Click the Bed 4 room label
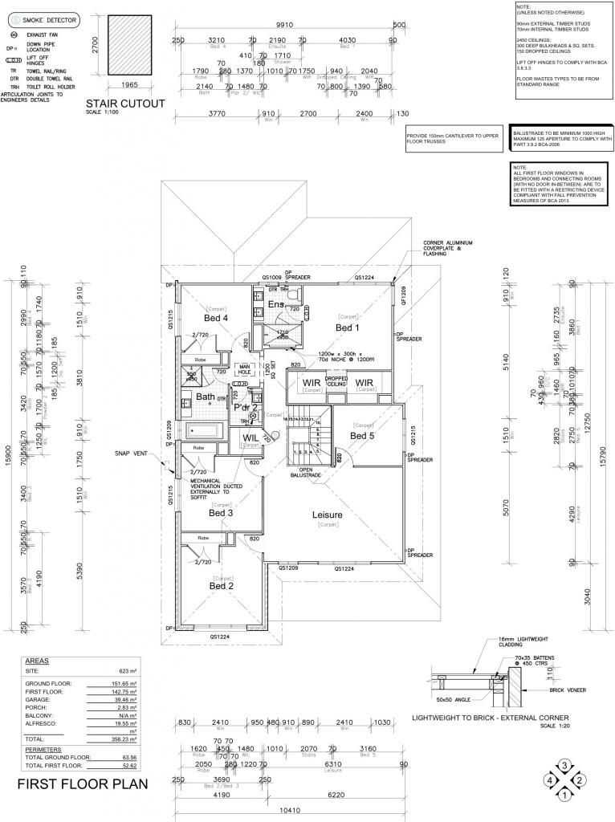[215, 318]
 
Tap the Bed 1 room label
[347, 328]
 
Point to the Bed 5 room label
[362, 436]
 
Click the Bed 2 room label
[221, 586]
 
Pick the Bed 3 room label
[221, 512]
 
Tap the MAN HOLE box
[244, 371]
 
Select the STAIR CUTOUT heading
[125, 103]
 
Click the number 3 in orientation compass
[565, 764]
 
